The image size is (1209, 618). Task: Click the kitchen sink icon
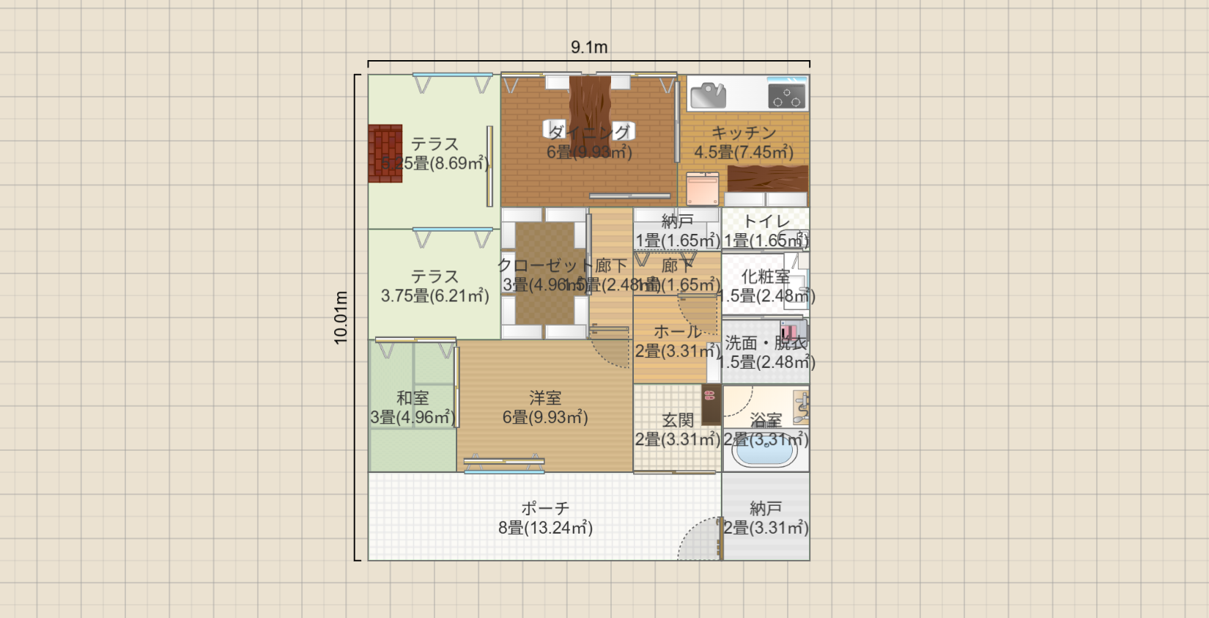click(x=708, y=95)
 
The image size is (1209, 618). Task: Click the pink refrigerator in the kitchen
click(x=703, y=189)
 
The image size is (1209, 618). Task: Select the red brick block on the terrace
click(x=385, y=153)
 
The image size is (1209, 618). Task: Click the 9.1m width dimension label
click(x=589, y=48)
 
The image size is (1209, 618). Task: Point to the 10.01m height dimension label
click(x=341, y=317)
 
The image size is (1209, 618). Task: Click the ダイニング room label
click(x=589, y=133)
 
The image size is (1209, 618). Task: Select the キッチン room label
click(x=744, y=133)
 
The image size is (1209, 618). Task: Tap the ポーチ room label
click(x=545, y=508)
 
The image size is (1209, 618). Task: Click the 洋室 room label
click(x=545, y=398)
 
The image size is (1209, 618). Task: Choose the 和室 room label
click(x=413, y=398)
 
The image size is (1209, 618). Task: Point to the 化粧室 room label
click(x=766, y=276)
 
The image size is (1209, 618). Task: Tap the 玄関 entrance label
click(x=677, y=420)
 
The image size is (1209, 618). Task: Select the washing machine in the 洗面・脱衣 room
click(x=792, y=331)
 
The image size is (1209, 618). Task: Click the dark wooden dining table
click(x=590, y=110)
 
